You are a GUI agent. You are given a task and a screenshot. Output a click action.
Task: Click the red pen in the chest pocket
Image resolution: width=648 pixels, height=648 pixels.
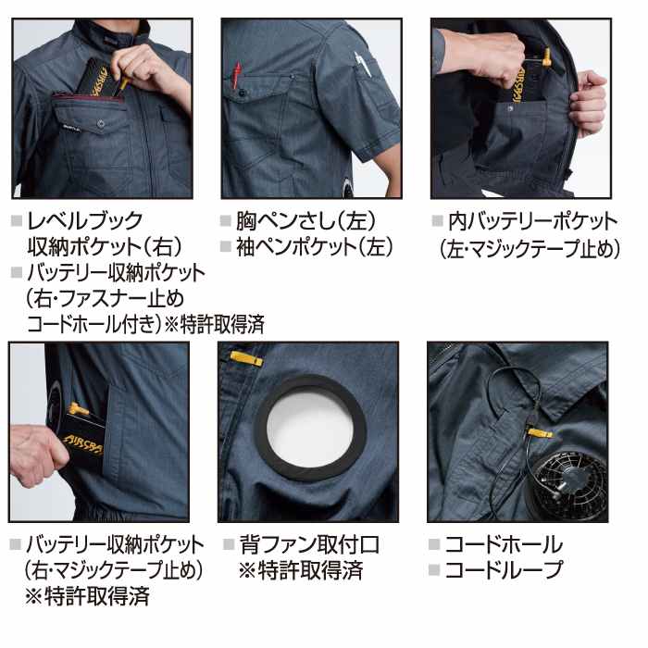(x=237, y=75)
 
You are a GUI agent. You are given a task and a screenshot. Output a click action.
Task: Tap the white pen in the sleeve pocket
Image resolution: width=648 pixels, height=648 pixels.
(x=363, y=65)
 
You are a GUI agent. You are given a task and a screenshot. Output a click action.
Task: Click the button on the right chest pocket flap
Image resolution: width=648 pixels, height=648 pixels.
(x=100, y=123)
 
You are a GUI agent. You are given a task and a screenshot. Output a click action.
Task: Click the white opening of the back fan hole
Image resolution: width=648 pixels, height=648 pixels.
(x=309, y=428)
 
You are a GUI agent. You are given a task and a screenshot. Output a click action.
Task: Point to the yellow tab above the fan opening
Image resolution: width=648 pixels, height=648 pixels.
(x=246, y=358)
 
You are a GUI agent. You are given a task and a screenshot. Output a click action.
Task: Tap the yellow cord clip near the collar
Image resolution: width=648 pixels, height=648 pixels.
(x=540, y=432)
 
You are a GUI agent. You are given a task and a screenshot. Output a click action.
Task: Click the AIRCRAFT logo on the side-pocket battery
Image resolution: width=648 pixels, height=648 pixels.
(x=83, y=444)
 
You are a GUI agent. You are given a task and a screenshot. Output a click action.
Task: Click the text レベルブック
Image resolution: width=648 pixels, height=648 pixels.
(x=85, y=220)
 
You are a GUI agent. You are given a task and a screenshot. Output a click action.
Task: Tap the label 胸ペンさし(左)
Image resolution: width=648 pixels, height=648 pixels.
(x=306, y=220)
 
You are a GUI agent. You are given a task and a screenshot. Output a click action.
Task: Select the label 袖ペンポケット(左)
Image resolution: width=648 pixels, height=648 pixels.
(x=315, y=246)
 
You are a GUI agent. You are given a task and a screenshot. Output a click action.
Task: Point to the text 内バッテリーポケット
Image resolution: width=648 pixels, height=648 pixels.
(x=533, y=221)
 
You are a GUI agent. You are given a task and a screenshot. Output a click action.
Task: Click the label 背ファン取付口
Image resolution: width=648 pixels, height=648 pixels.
(x=309, y=544)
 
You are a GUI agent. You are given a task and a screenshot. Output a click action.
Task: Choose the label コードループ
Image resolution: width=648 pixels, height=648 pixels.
(x=504, y=569)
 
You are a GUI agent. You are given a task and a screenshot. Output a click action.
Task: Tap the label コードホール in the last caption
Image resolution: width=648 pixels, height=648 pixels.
(x=504, y=544)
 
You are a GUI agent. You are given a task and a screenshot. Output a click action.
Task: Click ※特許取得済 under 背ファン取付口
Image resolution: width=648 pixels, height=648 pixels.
(x=301, y=570)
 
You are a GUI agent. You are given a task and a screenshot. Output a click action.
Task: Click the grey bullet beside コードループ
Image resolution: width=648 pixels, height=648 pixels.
(x=434, y=570)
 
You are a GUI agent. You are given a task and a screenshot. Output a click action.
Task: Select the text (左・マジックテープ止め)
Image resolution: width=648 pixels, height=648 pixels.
(x=530, y=249)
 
